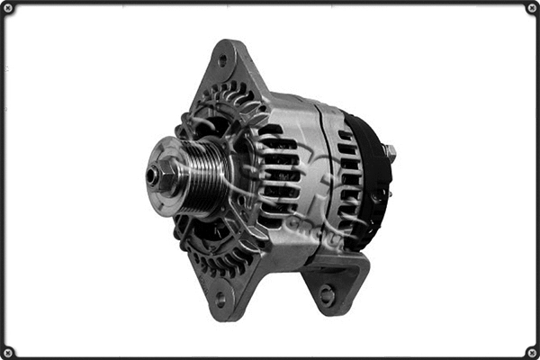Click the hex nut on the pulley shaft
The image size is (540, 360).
pyautogui.click(x=165, y=175)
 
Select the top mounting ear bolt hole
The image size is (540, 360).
pyautogui.click(x=221, y=61)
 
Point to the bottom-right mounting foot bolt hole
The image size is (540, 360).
pyautogui.click(x=326, y=293)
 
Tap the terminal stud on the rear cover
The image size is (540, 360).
pyautogui.click(x=390, y=154)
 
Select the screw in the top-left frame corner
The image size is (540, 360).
pyautogui.click(x=8, y=8)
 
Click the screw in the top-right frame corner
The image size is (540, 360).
pyautogui.click(x=532, y=8)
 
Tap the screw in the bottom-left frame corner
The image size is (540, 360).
pyautogui.click(x=8, y=352)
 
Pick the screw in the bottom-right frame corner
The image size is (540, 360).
pyautogui.click(x=532, y=352)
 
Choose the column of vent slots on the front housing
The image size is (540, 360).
pyautogui.click(x=279, y=175)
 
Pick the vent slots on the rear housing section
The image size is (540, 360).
pyautogui.click(x=347, y=180)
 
